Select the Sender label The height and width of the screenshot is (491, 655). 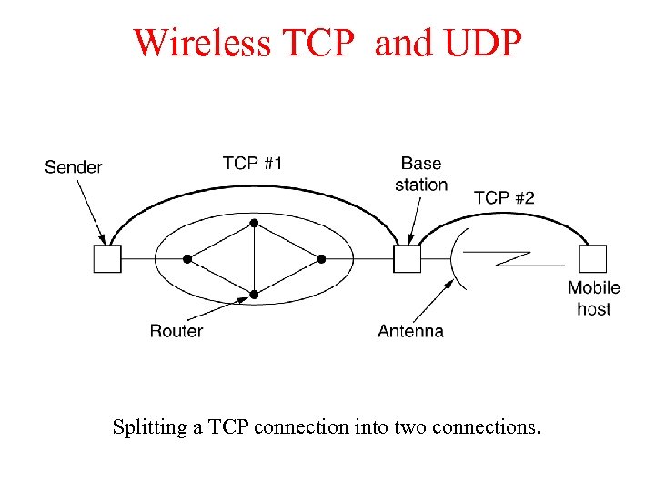click(74, 167)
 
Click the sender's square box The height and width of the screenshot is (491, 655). click(107, 259)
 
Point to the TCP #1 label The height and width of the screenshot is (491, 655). click(252, 164)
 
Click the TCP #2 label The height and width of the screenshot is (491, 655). click(504, 197)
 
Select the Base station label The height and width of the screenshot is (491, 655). click(421, 175)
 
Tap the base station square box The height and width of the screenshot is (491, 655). click(407, 259)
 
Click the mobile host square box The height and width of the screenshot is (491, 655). click(593, 259)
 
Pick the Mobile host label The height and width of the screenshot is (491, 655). click(594, 298)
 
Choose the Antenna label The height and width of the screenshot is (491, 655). click(410, 331)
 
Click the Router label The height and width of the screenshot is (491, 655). click(176, 331)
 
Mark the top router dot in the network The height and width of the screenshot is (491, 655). click(255, 223)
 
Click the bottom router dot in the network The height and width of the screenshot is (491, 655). click(255, 295)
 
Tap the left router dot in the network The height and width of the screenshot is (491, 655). click(187, 259)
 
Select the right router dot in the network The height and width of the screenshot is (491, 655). click(321, 259)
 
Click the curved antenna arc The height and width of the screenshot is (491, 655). click(455, 259)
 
